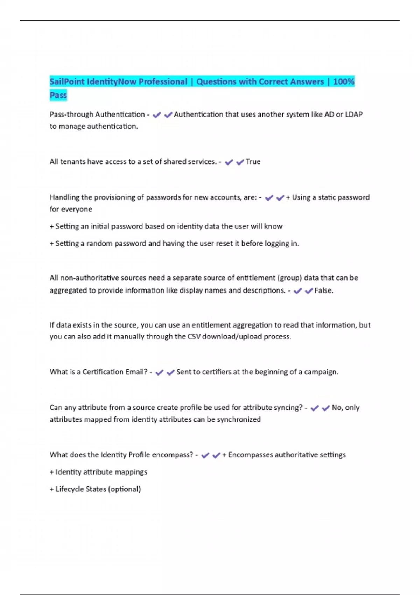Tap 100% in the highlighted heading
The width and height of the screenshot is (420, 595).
click(x=344, y=82)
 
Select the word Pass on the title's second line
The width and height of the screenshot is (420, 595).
click(x=58, y=95)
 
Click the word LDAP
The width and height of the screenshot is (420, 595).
click(x=354, y=114)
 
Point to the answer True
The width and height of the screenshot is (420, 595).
click(x=253, y=162)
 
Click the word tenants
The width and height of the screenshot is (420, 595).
click(x=72, y=162)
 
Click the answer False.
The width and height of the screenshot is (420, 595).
click(x=324, y=290)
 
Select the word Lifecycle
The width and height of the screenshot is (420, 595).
click(x=72, y=489)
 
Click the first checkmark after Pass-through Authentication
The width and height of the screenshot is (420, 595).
click(x=157, y=115)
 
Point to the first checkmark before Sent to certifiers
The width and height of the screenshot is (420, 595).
click(x=159, y=372)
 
